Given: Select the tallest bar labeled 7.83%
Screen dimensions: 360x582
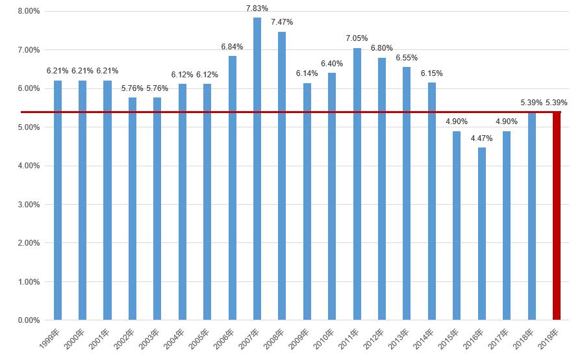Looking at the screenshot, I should click(257, 169).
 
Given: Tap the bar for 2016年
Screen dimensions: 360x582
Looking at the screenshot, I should click(481, 234).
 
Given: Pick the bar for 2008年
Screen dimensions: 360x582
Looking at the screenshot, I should click(282, 175).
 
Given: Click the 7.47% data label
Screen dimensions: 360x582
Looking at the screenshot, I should click(282, 22).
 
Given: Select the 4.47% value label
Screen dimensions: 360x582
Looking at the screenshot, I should click(481, 138).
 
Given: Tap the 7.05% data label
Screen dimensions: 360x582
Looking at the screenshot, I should click(357, 38).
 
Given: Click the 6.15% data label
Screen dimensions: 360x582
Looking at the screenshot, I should click(431, 73).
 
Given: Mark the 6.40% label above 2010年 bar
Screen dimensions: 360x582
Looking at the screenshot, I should click(332, 63).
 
